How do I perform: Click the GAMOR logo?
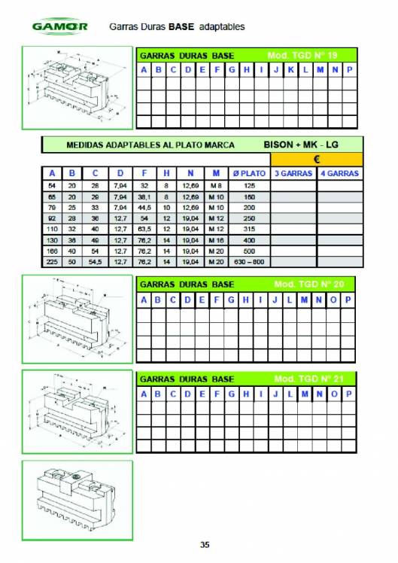(x=59, y=26)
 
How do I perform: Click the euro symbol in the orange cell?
(x=316, y=160)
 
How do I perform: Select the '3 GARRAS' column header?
(x=293, y=174)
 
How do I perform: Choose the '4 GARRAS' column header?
(x=339, y=174)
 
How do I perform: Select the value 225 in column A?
(x=51, y=262)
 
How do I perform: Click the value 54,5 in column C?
(x=95, y=262)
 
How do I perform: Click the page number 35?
(x=205, y=545)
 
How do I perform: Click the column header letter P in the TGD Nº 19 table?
(x=350, y=70)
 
